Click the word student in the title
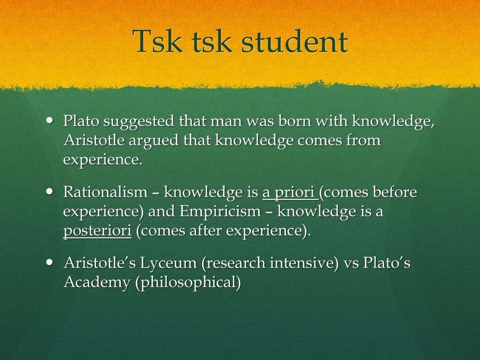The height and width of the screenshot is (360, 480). point(294,41)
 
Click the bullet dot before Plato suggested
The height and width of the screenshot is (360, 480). point(49,120)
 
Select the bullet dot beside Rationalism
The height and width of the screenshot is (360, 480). point(49,191)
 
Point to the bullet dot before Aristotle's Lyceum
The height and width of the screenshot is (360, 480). point(49,262)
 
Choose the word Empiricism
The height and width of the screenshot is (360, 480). point(220,212)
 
